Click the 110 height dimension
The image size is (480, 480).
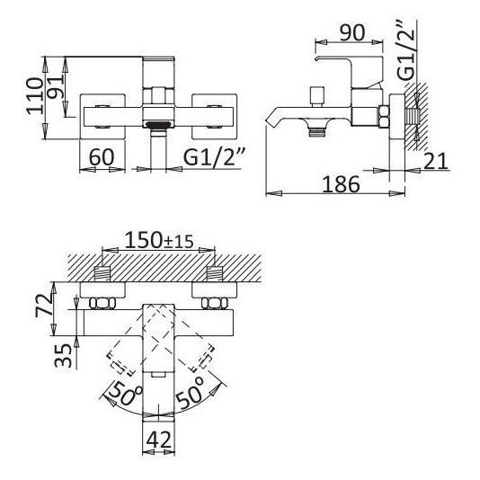[34, 96]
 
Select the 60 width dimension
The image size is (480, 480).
[102, 157]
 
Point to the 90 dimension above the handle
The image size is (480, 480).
[352, 32]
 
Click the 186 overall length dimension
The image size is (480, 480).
[342, 184]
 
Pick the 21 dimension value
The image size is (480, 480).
[436, 161]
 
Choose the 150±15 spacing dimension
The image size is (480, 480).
[159, 240]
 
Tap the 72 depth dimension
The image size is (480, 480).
[44, 305]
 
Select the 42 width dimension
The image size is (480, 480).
[159, 440]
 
